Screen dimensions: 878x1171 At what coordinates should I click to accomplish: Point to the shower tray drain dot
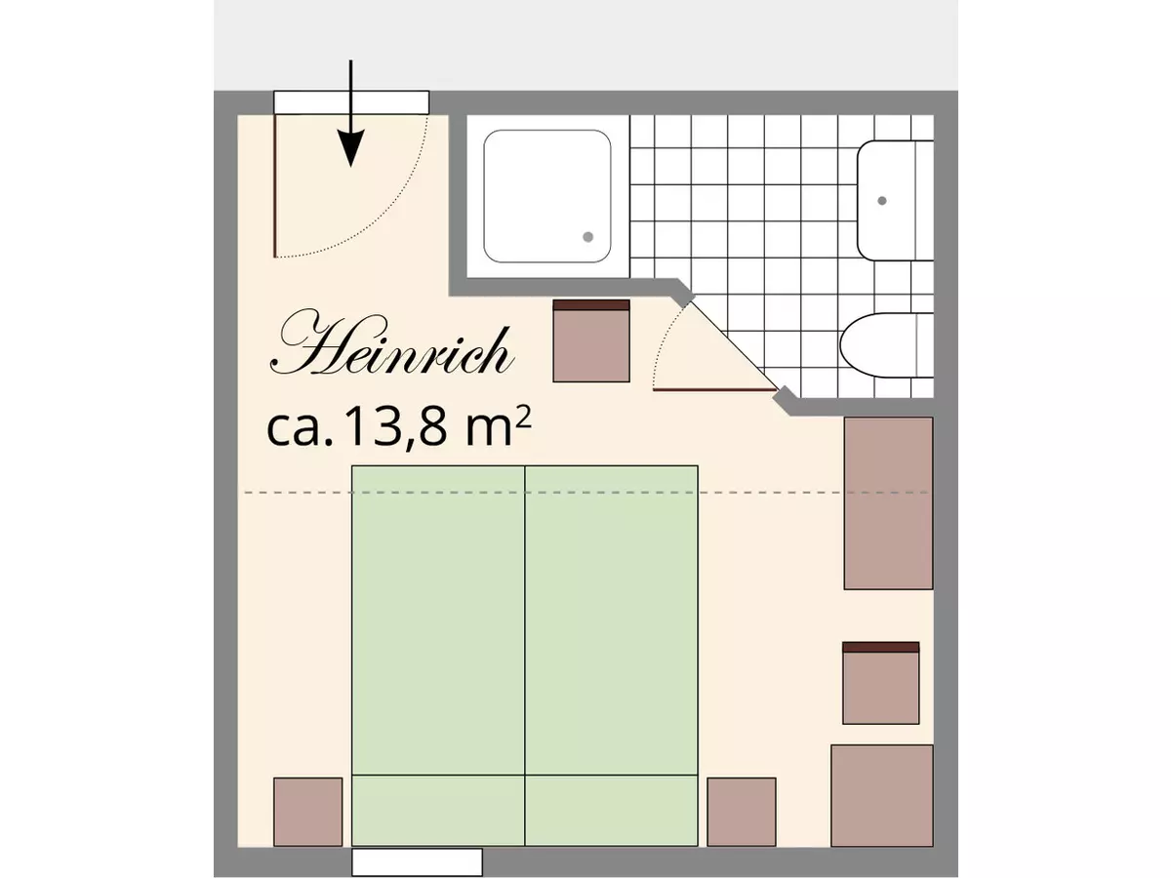[x=588, y=237]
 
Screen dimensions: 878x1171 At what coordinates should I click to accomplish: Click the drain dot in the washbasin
[x=882, y=200]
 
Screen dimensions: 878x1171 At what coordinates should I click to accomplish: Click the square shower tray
[x=547, y=196]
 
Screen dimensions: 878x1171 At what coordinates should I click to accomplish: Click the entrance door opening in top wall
[x=351, y=101]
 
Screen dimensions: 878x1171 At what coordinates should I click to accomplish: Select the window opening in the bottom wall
[x=417, y=862]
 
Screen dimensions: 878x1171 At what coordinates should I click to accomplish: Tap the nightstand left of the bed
[x=307, y=812]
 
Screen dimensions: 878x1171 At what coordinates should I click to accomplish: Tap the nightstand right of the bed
[x=742, y=812]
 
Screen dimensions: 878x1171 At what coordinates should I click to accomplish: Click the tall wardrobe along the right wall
[x=888, y=503]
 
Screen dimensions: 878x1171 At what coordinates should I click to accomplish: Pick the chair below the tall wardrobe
[x=881, y=684]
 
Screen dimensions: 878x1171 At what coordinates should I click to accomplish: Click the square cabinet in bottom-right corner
[x=882, y=796]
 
